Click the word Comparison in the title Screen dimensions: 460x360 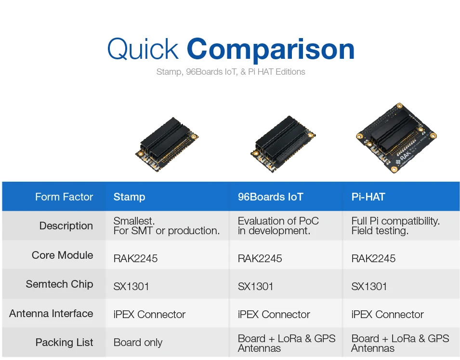pos(270,50)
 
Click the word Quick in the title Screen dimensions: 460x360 pos(143,49)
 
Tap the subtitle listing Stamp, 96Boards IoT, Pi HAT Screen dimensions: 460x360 pos(230,72)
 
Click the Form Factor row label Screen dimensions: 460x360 pos(64,197)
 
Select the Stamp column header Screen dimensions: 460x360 pos(129,197)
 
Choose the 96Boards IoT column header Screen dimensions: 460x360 pos(270,197)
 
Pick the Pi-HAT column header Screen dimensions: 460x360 pos(368,197)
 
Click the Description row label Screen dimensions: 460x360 pos(66,226)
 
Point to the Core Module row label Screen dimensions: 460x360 pos(62,255)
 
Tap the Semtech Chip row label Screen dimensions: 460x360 pos(59,284)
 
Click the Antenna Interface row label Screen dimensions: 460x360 pos(51,313)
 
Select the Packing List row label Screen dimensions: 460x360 pos(64,342)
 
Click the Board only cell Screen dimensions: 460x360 pos(138,343)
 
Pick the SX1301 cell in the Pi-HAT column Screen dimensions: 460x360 pos(369,286)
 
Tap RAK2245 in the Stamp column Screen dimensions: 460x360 pos(135,258)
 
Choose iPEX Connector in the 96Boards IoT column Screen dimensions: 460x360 pos(274,314)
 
